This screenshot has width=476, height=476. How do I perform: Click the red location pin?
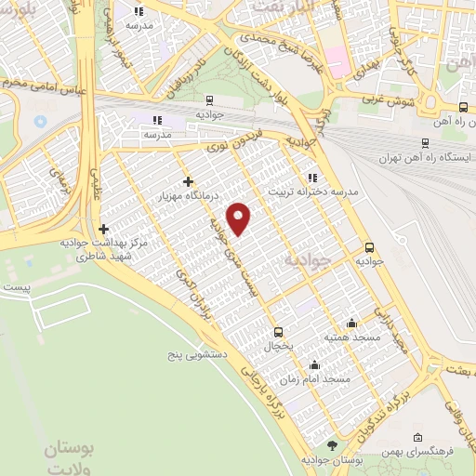[x=240, y=218]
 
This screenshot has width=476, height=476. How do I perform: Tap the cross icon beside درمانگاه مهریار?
[x=189, y=181]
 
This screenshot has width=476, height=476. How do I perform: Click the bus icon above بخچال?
[x=277, y=331]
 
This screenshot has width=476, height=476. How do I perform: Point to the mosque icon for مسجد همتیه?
[x=351, y=323]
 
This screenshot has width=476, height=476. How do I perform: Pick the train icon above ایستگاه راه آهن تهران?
[x=425, y=142]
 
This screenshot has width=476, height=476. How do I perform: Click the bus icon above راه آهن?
[x=463, y=107]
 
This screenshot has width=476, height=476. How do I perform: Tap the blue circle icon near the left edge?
[x=39, y=121]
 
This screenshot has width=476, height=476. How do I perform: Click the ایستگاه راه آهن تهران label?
[x=425, y=157]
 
